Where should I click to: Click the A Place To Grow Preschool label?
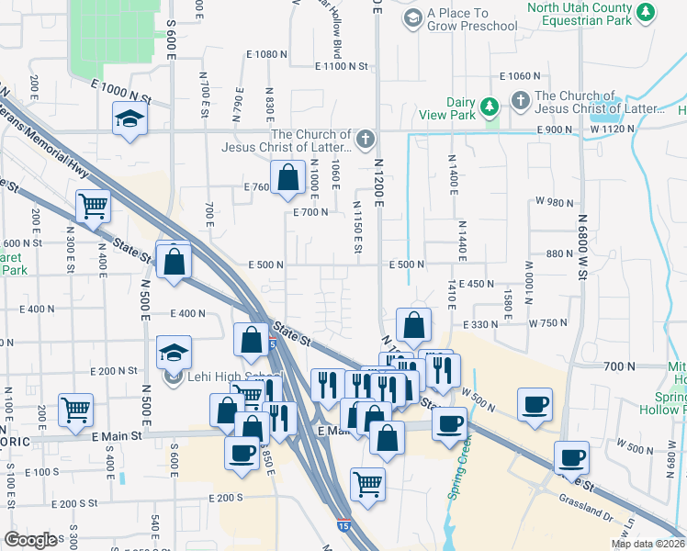click(472, 19)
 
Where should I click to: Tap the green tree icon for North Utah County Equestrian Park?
click(647, 12)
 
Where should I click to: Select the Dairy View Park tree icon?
click(490, 107)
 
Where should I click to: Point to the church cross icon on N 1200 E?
click(366, 140)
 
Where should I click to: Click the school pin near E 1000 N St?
click(130, 118)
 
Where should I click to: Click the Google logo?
click(30, 540)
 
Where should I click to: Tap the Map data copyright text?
click(647, 543)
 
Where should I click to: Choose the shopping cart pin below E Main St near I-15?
click(367, 483)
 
